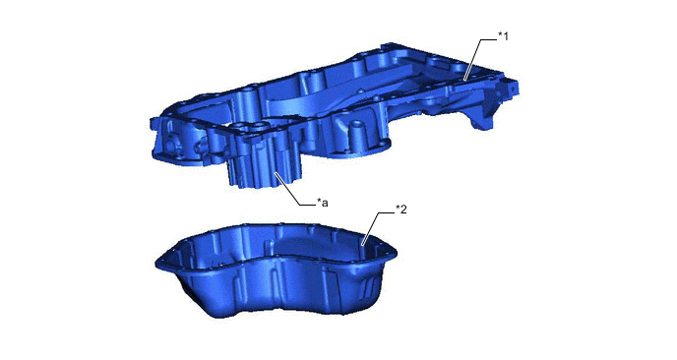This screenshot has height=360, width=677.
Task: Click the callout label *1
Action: [503, 36]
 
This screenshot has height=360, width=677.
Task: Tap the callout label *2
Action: [401, 210]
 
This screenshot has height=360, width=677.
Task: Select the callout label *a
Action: [322, 202]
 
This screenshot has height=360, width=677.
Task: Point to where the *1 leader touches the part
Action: [464, 80]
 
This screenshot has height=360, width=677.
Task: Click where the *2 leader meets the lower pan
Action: [363, 245]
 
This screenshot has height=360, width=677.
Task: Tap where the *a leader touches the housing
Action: [276, 173]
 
